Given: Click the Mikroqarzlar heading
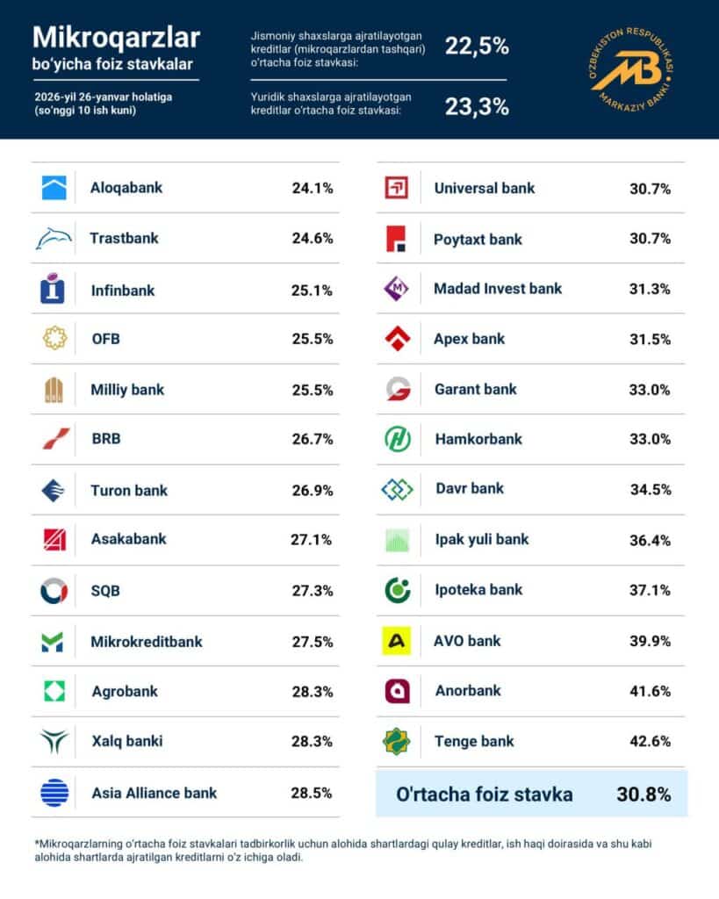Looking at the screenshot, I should pos(116,37).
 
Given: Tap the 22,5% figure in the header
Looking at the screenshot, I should pos(477,47).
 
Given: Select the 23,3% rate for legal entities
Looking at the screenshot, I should pos(477,106).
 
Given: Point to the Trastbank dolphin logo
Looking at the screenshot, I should pos(54,238).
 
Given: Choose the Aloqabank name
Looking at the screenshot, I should pos(126,188).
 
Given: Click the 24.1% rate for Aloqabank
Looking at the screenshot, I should pos(312,188).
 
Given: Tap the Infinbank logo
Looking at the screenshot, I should pos(54,289).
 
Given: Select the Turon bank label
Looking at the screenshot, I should pos(129,491).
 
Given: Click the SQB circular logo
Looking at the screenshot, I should pos(54,591).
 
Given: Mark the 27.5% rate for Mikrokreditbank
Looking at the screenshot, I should pos(312,642).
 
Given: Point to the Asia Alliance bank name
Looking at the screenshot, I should pos(155,793).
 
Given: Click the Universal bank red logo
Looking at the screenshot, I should pos(397,188).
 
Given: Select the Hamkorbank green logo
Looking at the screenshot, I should pos(397,439).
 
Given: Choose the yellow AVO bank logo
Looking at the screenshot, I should pos(397,641).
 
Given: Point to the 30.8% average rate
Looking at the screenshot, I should pos(644,795).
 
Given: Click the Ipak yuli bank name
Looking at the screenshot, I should pos(482,539).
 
